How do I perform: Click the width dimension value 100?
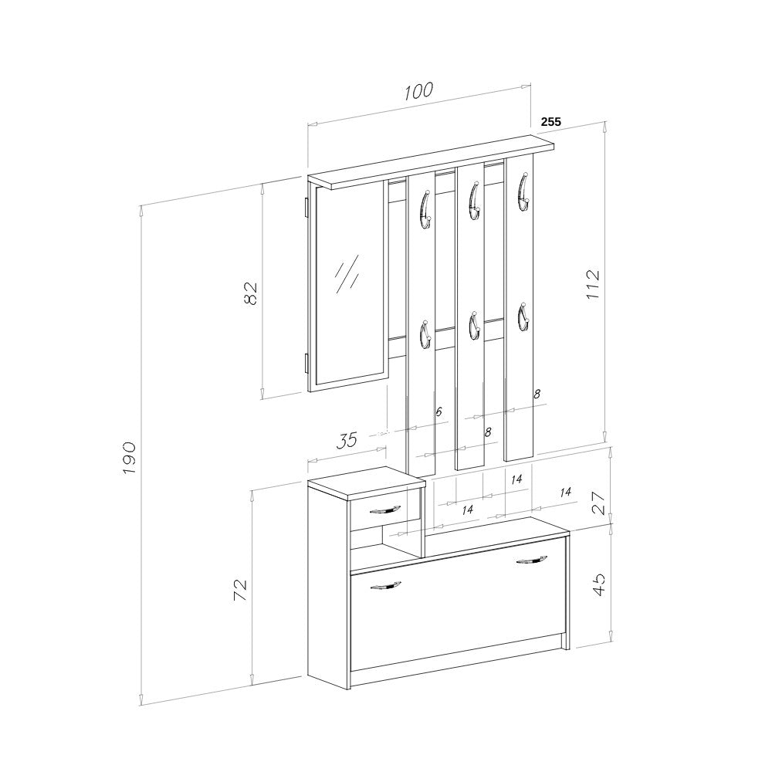417,91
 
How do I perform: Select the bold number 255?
550,121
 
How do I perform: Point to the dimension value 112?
592,285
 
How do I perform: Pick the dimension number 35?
347,440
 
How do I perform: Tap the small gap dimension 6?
438,412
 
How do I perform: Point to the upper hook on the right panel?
523,192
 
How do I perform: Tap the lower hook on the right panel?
522,316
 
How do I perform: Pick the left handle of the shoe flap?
385,586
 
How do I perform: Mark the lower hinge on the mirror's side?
306,364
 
